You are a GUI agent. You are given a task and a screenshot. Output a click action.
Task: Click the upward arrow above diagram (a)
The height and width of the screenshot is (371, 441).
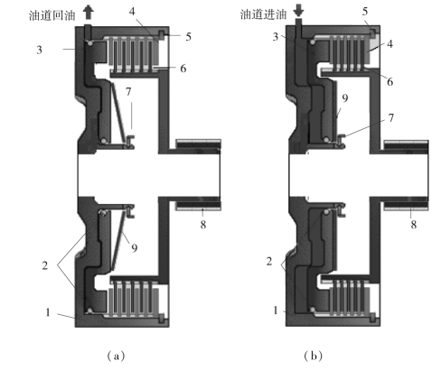[x=89, y=13]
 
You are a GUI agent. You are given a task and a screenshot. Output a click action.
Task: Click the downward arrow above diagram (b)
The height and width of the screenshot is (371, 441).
[x=299, y=11]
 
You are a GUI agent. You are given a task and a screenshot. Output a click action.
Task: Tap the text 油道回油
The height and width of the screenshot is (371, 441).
[x=52, y=15]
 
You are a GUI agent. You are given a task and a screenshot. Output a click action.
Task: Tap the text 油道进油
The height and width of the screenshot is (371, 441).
[x=263, y=14]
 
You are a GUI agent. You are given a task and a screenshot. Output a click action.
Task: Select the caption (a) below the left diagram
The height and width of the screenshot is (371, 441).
[x=116, y=357]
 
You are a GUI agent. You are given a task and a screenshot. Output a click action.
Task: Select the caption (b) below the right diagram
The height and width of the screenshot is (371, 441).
[x=314, y=356]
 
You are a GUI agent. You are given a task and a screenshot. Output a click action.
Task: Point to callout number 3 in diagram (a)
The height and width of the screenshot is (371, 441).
[x=39, y=50]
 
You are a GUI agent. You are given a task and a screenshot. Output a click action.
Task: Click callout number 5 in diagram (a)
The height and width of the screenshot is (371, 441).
[x=188, y=37]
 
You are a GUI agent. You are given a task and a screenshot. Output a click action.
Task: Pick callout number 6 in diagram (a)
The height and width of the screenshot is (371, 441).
[x=183, y=69]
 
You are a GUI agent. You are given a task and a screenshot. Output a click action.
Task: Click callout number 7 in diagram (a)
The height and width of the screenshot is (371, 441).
[x=128, y=91]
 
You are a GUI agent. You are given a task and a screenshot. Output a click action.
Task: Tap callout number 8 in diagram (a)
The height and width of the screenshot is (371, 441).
[x=203, y=225]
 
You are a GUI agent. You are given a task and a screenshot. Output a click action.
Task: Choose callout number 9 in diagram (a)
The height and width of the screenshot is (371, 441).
[x=135, y=248]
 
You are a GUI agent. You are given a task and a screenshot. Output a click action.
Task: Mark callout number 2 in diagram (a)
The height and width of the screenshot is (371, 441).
[x=45, y=265]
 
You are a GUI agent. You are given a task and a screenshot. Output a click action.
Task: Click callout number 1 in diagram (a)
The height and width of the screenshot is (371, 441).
[x=48, y=312]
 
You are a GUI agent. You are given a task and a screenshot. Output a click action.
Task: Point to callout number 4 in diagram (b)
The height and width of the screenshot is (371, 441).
[x=389, y=44]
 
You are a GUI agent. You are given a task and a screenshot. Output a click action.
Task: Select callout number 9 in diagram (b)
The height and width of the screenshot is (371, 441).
[x=345, y=98]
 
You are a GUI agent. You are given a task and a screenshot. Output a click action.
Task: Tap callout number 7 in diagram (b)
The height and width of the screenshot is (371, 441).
[x=391, y=118]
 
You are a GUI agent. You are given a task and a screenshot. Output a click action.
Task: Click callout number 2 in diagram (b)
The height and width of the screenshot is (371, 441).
[x=269, y=261]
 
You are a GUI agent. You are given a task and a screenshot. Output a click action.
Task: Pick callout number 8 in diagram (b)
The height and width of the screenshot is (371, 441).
[x=414, y=225]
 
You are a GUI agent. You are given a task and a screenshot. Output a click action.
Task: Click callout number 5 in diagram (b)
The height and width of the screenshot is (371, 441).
[x=365, y=12]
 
